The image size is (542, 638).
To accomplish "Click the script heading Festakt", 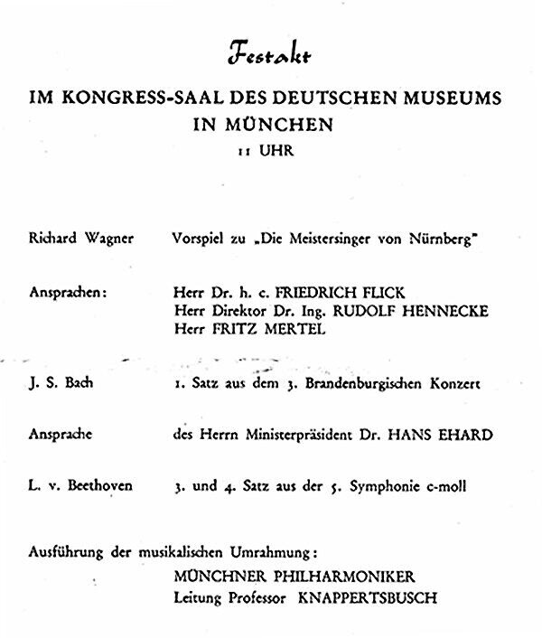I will [269, 56].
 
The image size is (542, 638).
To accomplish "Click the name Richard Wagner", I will [81, 239].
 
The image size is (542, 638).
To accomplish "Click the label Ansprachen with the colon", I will [68, 294].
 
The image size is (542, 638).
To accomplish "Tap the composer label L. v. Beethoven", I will [80, 486].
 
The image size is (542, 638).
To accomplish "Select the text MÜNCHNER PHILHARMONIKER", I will [297, 577].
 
